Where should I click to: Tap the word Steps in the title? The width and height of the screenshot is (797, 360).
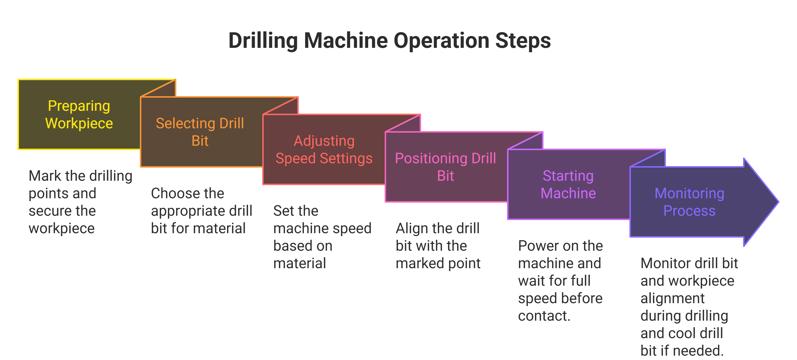coord(523,40)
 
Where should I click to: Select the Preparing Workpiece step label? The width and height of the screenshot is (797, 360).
coord(79,114)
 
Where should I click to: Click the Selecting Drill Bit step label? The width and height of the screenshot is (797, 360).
coord(200,132)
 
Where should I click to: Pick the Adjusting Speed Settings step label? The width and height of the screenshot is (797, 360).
coord(324,149)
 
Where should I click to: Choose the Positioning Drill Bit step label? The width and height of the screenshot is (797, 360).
coord(446,167)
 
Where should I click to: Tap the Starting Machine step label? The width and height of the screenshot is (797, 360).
coord(568,184)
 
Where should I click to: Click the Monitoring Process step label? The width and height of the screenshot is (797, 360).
coord(689,202)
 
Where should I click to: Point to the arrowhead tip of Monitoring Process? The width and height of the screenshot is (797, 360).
coord(779,202)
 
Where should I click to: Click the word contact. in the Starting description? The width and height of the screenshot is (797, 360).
coord(544,316)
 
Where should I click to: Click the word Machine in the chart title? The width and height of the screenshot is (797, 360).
coord(346,40)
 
